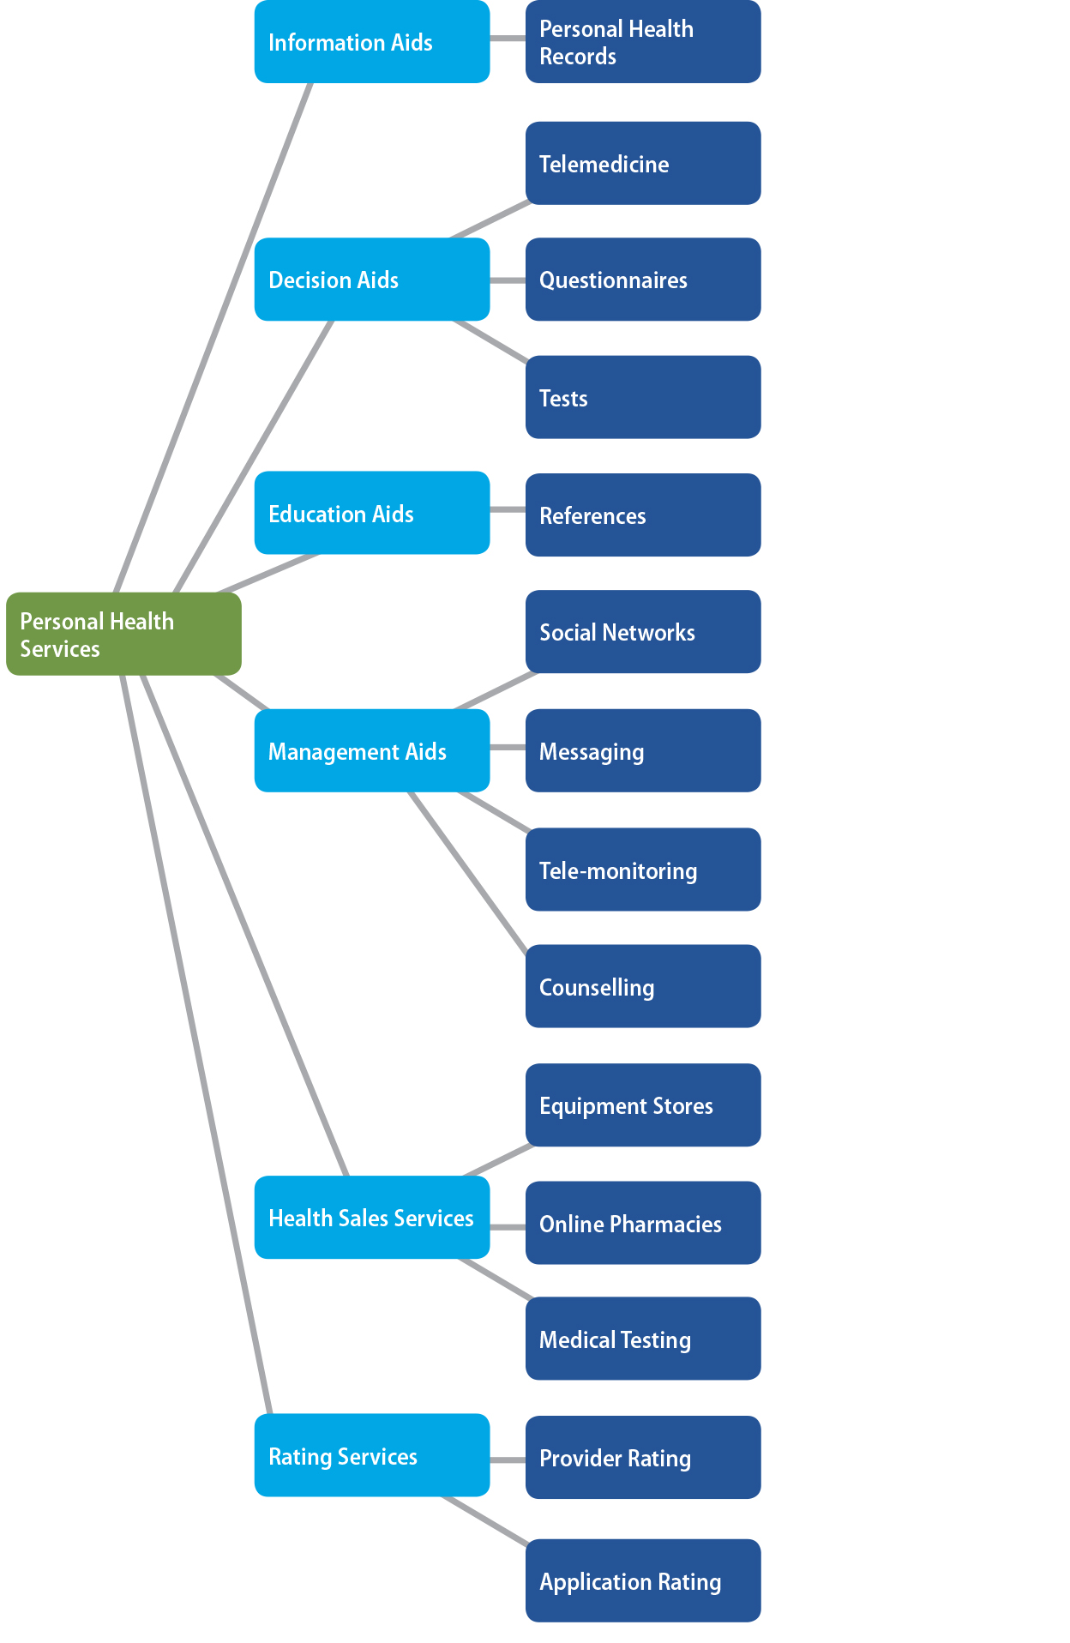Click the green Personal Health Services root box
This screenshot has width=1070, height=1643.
[123, 634]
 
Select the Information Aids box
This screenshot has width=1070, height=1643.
[372, 42]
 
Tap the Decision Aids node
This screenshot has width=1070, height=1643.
[372, 280]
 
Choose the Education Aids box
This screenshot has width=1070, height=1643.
[372, 513]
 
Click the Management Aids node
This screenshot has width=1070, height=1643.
[372, 750]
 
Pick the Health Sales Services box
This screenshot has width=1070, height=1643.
[372, 1217]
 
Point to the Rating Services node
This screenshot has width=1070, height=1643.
[372, 1455]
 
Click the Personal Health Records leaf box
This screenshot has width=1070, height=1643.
[643, 42]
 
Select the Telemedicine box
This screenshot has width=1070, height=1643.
[643, 163]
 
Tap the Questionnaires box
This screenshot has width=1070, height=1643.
[643, 280]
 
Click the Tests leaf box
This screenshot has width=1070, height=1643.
[643, 397]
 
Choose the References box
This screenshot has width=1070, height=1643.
[643, 515]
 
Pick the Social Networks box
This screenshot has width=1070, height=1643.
[643, 631]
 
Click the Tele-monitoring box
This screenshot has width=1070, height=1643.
[643, 870]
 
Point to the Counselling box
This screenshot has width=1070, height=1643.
[643, 986]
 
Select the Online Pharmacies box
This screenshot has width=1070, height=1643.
[643, 1223]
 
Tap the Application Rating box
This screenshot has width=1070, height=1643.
[643, 1580]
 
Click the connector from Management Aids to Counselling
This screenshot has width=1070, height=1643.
[468, 871]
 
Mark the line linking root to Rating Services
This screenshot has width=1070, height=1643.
[195, 1042]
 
